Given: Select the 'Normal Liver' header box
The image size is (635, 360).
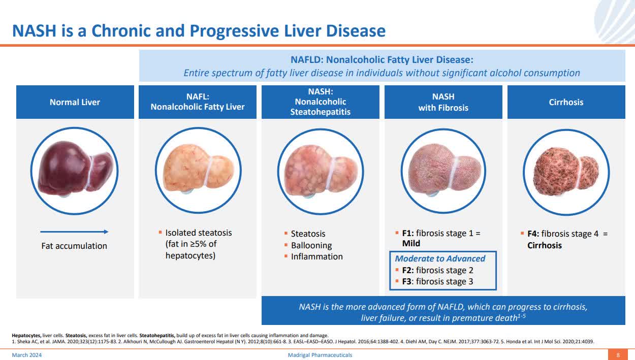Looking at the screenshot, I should coord(75,102).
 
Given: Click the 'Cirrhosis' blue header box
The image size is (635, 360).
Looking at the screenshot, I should coord(566,102).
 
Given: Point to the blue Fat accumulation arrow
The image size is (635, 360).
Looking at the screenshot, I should coord(74,232).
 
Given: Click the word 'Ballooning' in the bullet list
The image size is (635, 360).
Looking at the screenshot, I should coord(311,245).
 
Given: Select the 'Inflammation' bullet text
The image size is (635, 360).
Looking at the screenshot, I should coord(316,256).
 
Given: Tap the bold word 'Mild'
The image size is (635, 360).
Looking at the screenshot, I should coord(411,244).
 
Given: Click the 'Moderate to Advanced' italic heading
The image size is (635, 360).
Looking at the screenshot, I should coord(440,258).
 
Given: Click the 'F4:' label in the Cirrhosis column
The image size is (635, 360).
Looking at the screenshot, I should coord(533,234).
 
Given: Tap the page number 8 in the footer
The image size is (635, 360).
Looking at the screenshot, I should coord(618,355).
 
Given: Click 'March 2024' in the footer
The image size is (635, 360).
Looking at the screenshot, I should coord(27,355).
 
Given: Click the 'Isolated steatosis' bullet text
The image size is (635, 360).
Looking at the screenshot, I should coord(198,233).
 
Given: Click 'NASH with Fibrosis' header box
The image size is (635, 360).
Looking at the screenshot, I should coord(443,102).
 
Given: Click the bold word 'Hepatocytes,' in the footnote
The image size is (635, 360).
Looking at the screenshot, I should coord(26,335).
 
